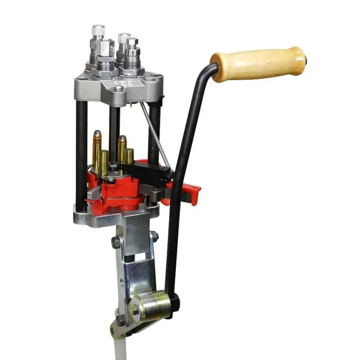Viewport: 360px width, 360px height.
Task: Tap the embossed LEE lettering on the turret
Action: pyautogui.click(x=124, y=83)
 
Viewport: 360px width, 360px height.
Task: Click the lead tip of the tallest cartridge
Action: pyautogui.click(x=97, y=134)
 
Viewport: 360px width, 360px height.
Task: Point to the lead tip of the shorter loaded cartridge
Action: pyautogui.click(x=122, y=138)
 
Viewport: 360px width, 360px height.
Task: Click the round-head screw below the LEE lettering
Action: pyautogui.click(x=119, y=89)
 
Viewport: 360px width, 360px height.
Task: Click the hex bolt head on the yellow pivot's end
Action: pyautogui.click(x=135, y=308)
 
